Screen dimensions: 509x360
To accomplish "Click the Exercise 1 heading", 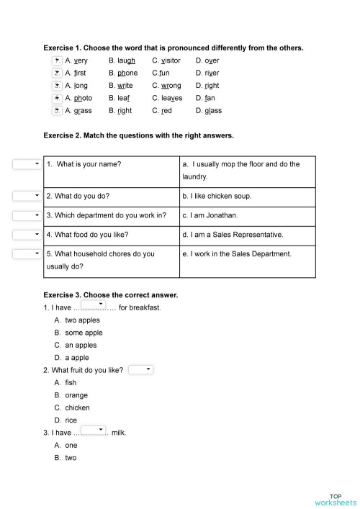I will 173,48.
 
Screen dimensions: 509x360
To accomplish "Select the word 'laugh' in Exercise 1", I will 122,60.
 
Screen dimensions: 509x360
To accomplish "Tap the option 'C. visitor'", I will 166,60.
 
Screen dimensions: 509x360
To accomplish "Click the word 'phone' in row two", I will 123,73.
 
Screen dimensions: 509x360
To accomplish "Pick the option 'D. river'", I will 207,73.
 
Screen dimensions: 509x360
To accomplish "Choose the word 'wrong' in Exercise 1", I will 166,86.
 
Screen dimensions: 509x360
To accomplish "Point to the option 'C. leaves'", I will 167,98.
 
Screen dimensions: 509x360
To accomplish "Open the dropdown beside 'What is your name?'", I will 27,164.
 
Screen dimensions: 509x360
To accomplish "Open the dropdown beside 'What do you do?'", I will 27,196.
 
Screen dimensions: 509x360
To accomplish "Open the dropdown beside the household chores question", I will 27,253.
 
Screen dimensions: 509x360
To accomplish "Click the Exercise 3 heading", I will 110,295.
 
